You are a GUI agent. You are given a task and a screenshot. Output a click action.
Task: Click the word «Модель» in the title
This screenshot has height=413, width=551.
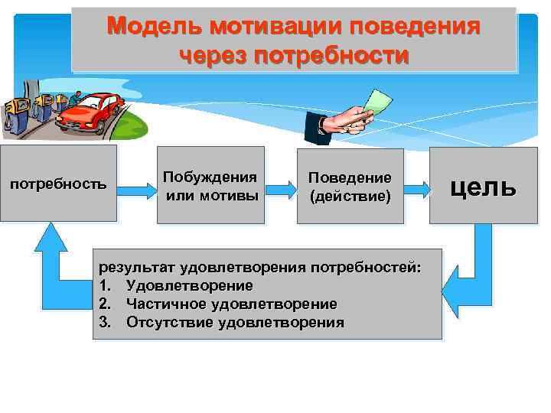[144, 27]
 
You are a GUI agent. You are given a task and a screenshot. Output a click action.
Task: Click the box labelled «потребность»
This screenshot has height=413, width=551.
[58, 184]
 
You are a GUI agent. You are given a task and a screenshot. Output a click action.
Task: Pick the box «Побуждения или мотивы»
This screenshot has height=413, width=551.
[210, 184]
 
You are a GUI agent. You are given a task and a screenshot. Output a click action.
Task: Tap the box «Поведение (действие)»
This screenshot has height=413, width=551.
[350, 184]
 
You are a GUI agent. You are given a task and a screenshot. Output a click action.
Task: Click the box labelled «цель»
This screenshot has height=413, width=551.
[483, 185]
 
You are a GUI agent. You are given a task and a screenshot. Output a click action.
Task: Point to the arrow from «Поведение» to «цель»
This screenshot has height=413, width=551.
[416, 185]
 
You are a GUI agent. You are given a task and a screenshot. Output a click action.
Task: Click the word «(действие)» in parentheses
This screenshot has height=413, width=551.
[350, 197]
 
